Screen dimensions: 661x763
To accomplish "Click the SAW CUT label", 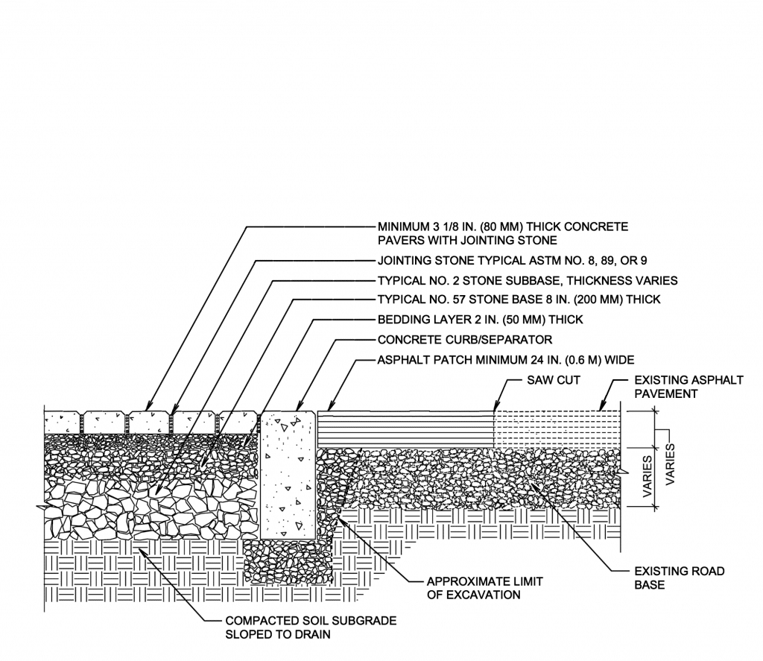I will (553, 380).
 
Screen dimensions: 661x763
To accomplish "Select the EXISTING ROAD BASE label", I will (679, 578).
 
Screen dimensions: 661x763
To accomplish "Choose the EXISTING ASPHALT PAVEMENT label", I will (687, 386).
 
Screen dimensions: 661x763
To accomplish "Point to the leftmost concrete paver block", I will (63, 423).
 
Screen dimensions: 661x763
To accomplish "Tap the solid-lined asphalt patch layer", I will (406, 428).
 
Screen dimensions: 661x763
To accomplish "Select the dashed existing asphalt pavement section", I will (557, 428).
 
